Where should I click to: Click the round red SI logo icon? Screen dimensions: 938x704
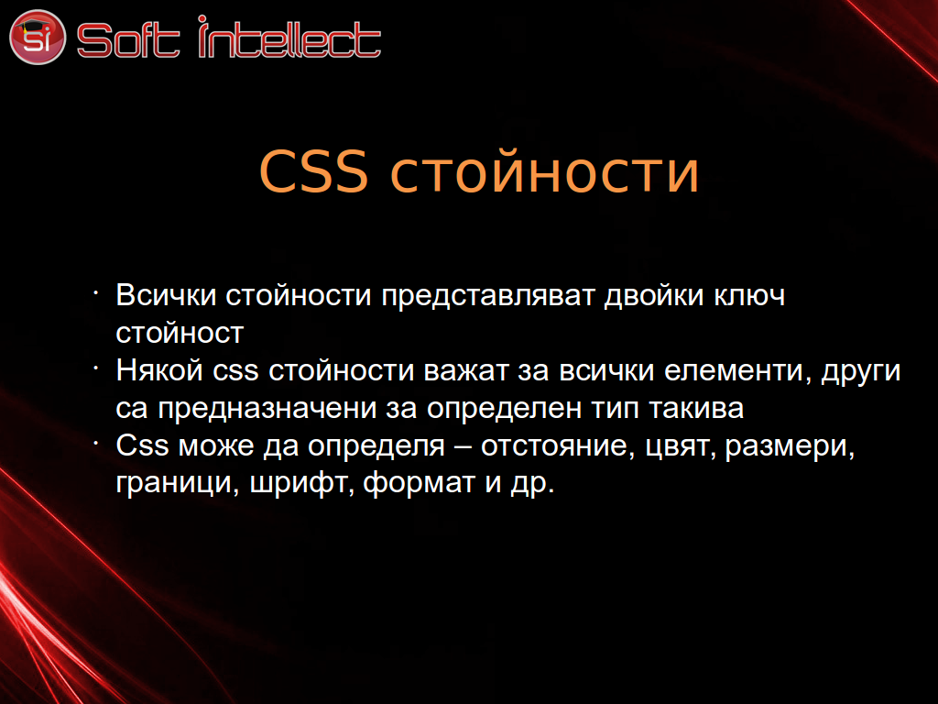click(37, 37)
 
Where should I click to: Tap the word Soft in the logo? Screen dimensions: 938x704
click(128, 39)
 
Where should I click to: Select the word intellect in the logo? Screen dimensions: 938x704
click(289, 37)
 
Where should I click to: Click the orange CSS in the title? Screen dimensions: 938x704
click(313, 171)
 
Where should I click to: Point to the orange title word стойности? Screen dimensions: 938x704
click(544, 172)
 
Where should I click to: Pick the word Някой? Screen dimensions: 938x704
click(159, 369)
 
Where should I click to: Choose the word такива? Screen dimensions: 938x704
click(696, 409)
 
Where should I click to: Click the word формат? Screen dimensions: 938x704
click(420, 484)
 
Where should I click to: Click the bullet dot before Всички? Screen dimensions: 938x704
click(95, 292)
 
